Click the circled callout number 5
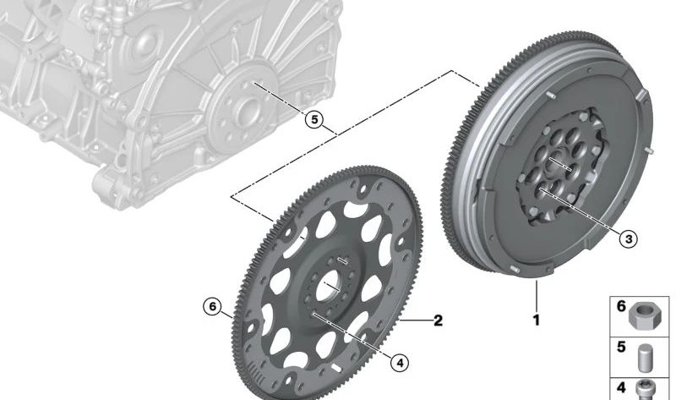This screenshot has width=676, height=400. point(314,119)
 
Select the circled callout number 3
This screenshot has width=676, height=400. point(628,238)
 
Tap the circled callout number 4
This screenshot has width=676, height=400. point(400,363)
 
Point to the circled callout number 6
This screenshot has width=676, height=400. point(212,307)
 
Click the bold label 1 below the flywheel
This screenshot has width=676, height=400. point(537,321)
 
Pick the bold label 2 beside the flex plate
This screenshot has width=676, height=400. point(438,321)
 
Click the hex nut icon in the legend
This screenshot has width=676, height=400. point(645,315)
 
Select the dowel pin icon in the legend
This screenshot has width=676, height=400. point(646,358)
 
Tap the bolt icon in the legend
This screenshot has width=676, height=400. point(646,390)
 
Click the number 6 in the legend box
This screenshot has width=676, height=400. point(621,306)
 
